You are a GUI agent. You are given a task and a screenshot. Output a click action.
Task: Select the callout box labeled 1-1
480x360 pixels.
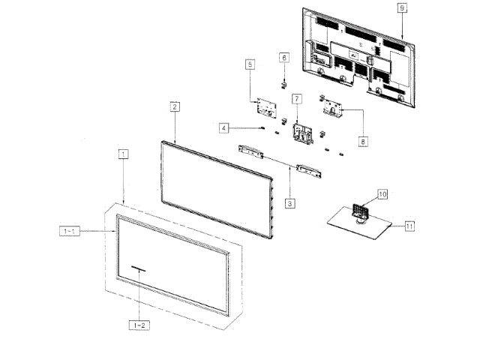(x=69, y=232)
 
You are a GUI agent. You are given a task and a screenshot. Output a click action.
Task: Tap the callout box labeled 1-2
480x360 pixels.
(x=139, y=325)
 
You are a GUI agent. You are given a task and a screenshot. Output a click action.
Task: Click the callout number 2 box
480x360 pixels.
(x=174, y=107)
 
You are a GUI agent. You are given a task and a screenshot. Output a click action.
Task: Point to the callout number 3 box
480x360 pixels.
(x=289, y=202)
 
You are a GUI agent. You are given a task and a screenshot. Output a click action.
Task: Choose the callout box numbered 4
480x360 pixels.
(x=224, y=128)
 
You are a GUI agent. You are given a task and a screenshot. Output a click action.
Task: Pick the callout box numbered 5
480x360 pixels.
(x=250, y=65)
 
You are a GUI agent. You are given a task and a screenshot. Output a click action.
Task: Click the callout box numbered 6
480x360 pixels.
(x=284, y=57)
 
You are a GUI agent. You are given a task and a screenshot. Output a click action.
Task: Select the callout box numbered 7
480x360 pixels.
(x=296, y=99)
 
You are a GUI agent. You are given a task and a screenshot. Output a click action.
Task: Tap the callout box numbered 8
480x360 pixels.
(x=363, y=139)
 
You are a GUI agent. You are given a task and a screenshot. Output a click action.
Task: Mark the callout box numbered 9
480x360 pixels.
(x=402, y=7)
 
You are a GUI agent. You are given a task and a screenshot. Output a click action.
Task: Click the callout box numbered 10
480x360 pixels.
(x=382, y=194)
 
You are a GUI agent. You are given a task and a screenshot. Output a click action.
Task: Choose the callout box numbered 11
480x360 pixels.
(x=409, y=224)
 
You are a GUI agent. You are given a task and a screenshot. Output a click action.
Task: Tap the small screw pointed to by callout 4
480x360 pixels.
(x=262, y=127)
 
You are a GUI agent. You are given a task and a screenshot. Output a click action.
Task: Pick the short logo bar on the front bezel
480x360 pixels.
(x=137, y=267)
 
